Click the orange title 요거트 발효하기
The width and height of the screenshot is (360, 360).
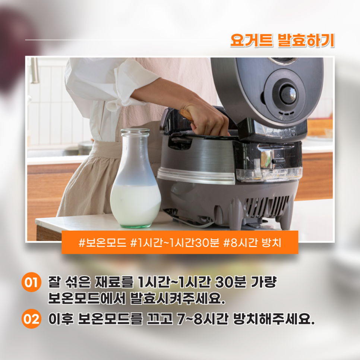(x=282, y=40)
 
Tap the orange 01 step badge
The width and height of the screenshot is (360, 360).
(x=31, y=282)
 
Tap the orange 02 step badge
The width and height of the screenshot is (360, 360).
(x=31, y=319)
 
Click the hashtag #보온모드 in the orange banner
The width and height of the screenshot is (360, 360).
(x=102, y=243)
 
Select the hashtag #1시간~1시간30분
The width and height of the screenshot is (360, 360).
(x=175, y=243)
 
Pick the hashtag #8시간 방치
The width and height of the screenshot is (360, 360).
(x=252, y=243)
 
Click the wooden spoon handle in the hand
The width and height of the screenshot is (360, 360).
(x=186, y=114)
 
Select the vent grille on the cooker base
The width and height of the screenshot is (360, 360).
(x=266, y=206)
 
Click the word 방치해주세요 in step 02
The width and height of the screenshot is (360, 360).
(x=274, y=319)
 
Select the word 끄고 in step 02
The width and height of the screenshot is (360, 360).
(x=160, y=319)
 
